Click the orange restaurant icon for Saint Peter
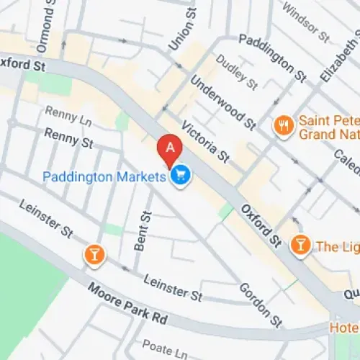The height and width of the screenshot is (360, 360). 284,125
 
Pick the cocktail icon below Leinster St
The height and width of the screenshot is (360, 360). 93,253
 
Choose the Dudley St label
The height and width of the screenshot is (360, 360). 236,73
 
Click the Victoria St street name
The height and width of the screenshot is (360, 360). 205,140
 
